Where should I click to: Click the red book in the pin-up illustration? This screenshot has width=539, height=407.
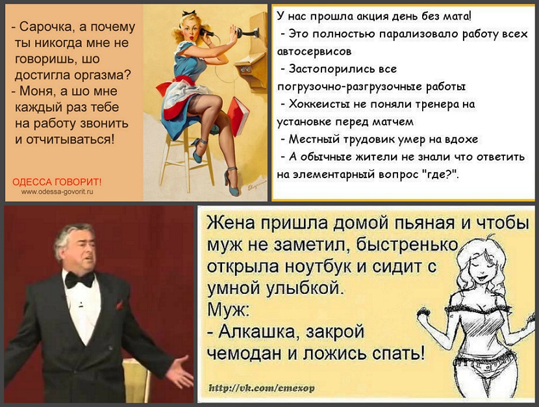(239, 116)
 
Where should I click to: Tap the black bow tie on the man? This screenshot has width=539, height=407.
(80, 280)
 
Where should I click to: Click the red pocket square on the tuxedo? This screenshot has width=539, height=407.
(119, 305)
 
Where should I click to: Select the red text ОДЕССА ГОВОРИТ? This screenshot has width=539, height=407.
(57, 182)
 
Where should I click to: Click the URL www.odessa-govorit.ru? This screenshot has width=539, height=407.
(57, 192)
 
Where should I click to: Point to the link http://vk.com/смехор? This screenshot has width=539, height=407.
(262, 388)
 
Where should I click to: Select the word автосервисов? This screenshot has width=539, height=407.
(314, 51)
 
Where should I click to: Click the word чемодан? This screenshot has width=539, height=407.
(245, 353)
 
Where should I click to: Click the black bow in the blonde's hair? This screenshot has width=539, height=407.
(189, 14)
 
